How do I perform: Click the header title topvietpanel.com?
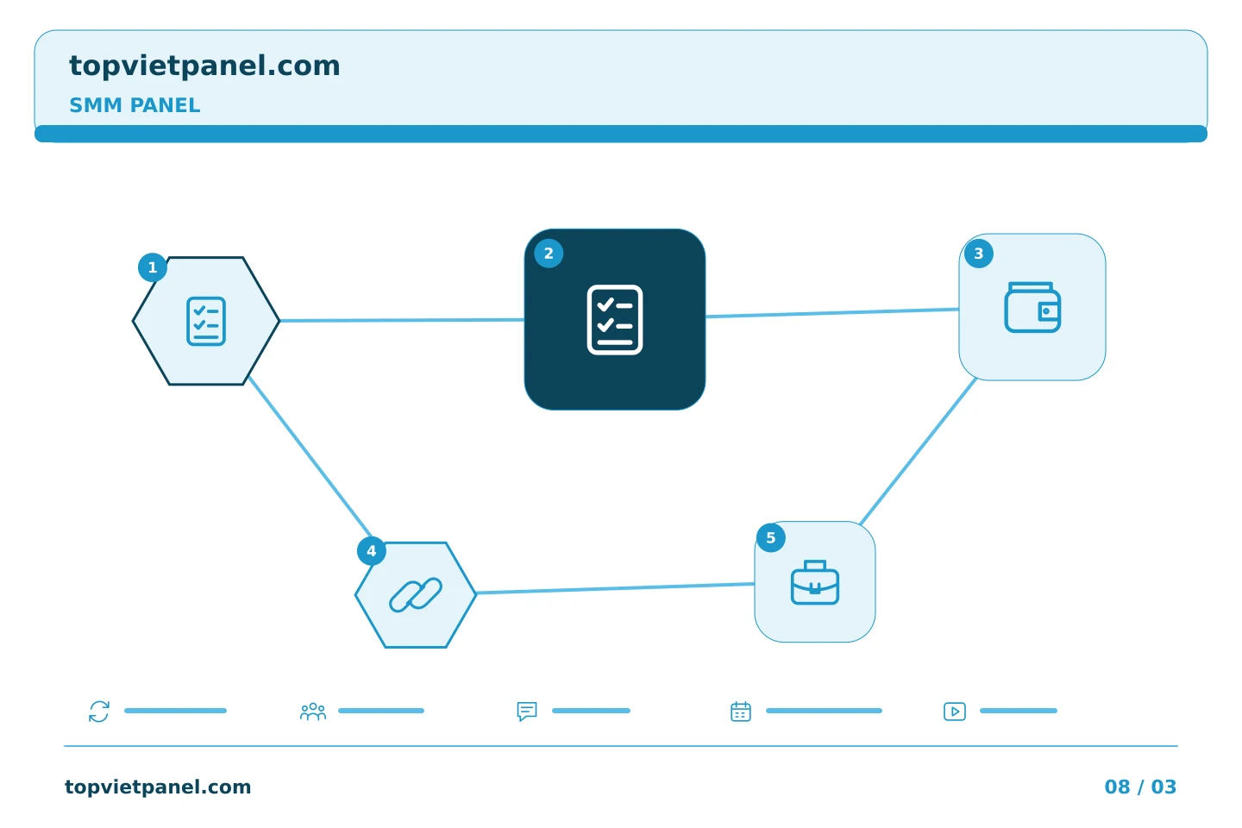coord(204,66)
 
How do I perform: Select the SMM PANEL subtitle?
coord(135,105)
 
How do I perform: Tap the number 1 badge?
coord(153,267)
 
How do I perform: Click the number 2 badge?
coord(549,254)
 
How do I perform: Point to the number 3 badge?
coord(979,254)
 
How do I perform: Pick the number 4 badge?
coord(372,550)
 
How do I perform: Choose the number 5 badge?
coord(771,537)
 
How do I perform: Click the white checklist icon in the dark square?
coord(614,319)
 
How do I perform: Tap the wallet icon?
coord(1032,307)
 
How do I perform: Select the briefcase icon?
coord(814,582)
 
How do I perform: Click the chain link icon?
coord(416,595)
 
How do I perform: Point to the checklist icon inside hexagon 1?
coord(206,321)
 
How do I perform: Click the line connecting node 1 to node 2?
coord(402,320)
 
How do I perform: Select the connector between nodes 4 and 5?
coord(616,588)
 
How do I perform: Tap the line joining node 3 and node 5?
coord(919,451)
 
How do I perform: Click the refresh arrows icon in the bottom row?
coord(99,711)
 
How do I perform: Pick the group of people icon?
coord(313,711)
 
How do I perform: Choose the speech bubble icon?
coord(527,711)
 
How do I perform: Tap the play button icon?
coord(954,712)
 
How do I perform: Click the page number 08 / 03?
coord(1140,787)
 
